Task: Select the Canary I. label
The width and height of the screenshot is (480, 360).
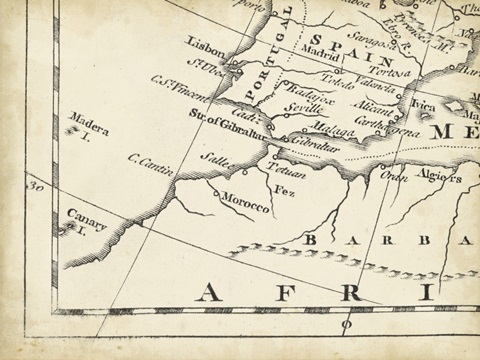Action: click(87, 218)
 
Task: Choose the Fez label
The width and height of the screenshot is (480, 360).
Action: click(284, 190)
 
